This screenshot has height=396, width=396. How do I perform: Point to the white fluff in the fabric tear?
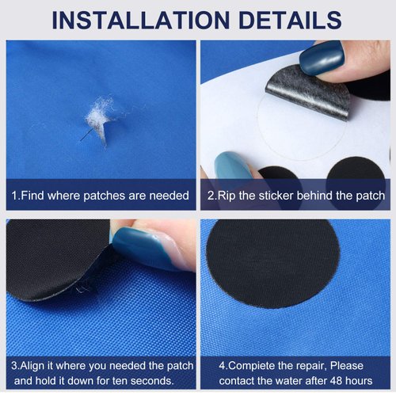[x=98, y=120]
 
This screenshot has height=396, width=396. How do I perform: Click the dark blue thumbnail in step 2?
[x=321, y=58]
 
